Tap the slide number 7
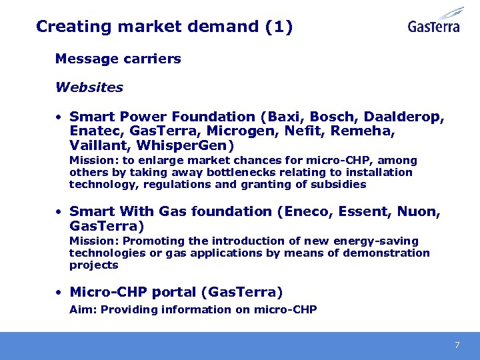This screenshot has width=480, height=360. pyautogui.click(x=457, y=345)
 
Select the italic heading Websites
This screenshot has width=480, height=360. pyautogui.click(x=89, y=87)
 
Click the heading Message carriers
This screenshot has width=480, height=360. pyautogui.click(x=118, y=59)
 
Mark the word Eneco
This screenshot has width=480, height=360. pyautogui.click(x=309, y=211)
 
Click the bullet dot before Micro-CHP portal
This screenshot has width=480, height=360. pyautogui.click(x=59, y=293)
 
